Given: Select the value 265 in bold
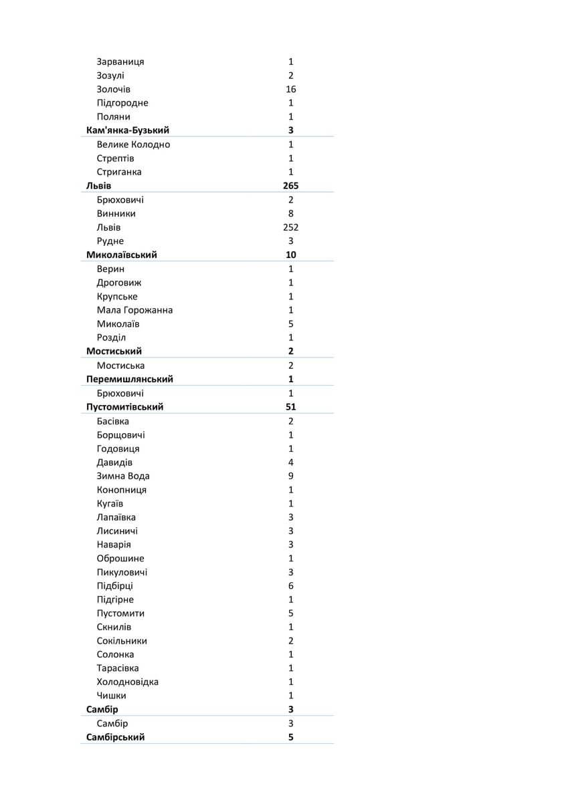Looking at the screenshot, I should point(290,186).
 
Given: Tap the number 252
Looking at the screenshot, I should point(290,227).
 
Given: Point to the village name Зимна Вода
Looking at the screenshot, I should point(123,476).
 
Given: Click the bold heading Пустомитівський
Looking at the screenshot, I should point(125,406).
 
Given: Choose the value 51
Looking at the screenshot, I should point(290,406).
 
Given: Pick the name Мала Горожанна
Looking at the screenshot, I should point(134,310).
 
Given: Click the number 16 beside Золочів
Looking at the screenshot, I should point(290,89).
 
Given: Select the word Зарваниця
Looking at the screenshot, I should point(120,61).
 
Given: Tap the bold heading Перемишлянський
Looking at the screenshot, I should point(130,379).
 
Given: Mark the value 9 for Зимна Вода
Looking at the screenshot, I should point(290,476).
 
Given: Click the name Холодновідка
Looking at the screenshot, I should point(127,682).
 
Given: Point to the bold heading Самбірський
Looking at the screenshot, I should point(116,737).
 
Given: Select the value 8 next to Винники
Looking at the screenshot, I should point(290,214).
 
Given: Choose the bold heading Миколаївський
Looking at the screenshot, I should point(122,255).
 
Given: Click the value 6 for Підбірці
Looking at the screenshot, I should point(290,585).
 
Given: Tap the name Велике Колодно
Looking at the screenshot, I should point(133,144).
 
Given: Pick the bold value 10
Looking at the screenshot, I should point(290,255).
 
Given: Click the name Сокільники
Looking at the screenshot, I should point(122,641).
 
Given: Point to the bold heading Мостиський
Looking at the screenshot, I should point(114,351).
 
